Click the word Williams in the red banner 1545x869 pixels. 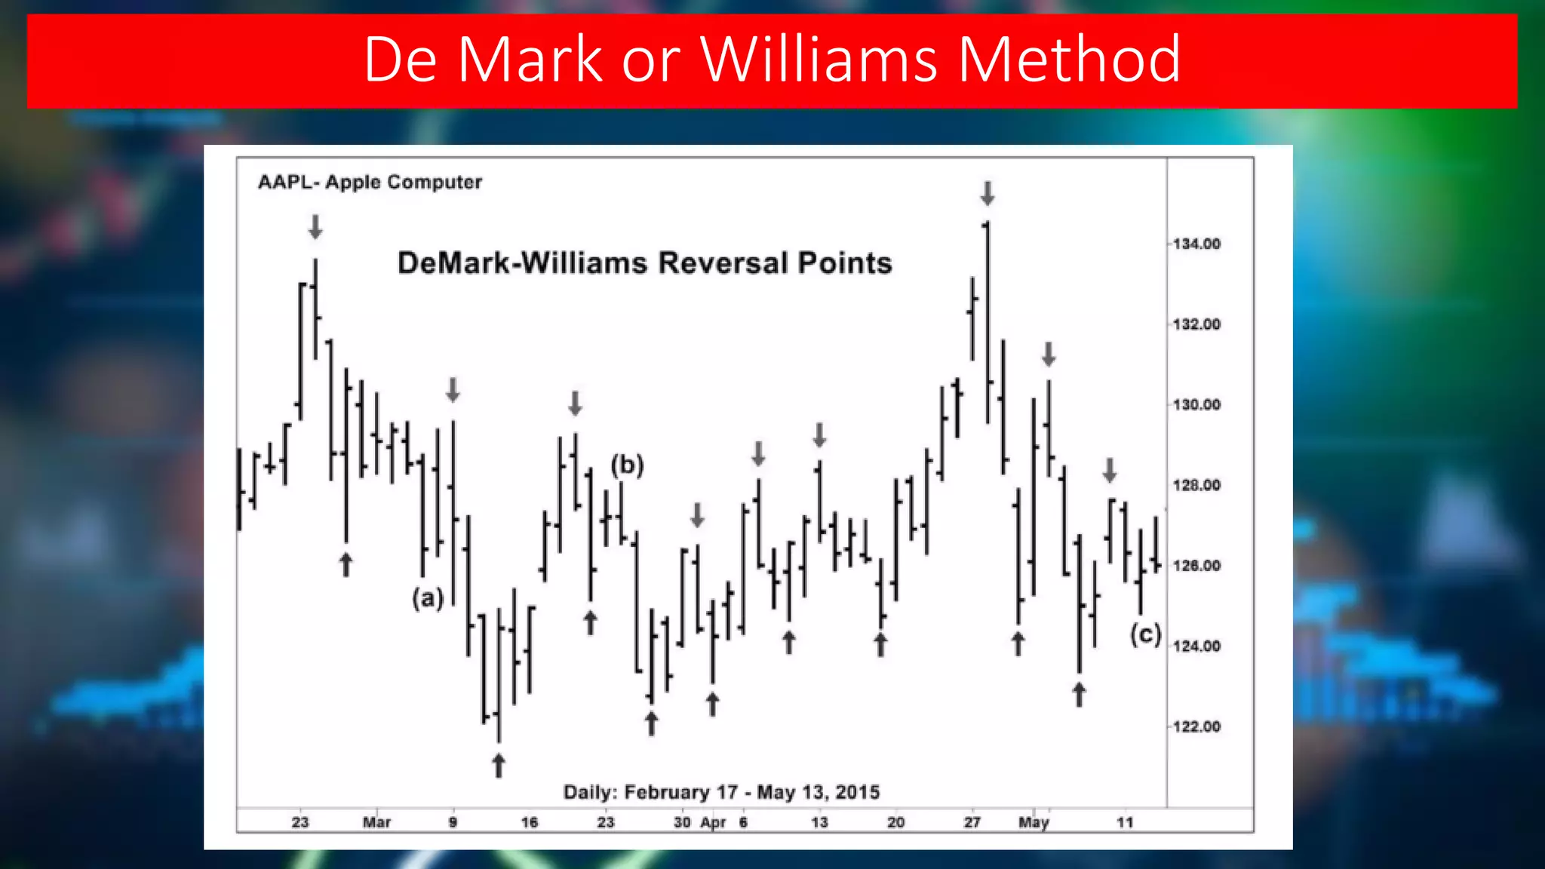[819, 59]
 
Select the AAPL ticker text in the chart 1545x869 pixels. [284, 183]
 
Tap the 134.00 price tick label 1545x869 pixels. [1196, 244]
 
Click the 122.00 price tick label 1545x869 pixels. [1196, 726]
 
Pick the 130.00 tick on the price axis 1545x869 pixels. [1196, 405]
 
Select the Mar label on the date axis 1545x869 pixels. [376, 822]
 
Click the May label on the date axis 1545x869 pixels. [1034, 822]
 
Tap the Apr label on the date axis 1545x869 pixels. [713, 822]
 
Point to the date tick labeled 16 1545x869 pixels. [530, 822]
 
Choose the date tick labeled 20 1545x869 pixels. [895, 822]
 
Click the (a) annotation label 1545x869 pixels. [428, 598]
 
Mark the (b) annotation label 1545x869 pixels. [627, 465]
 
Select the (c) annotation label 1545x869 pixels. [1145, 634]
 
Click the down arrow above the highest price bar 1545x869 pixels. [988, 193]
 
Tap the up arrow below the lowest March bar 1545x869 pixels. [499, 765]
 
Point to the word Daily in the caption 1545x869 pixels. [589, 792]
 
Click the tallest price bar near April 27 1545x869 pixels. [988, 324]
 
